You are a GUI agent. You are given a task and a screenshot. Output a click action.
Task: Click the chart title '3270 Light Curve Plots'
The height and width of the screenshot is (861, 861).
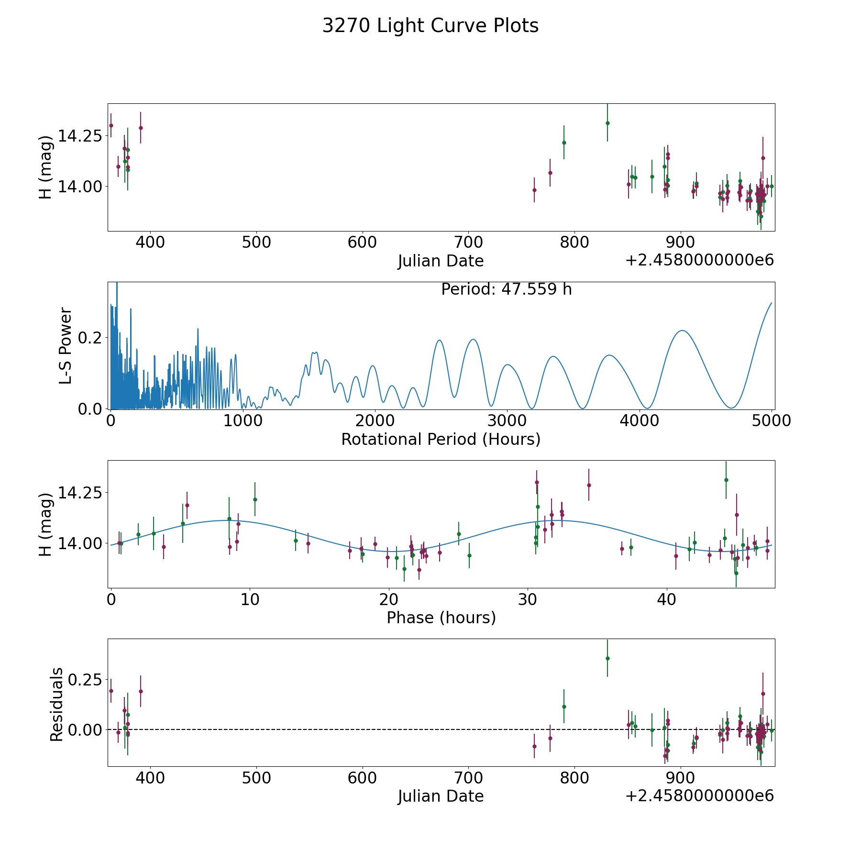pos(430,26)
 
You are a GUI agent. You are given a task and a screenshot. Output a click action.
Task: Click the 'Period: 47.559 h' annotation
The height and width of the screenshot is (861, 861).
pos(507,289)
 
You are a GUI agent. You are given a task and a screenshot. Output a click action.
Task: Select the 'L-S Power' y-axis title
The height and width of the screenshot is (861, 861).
pos(66,346)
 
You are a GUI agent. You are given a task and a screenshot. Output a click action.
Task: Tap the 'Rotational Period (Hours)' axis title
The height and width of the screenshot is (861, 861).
pos(441,439)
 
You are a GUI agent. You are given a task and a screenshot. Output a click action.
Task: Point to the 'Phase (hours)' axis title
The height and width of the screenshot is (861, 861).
pos(441,618)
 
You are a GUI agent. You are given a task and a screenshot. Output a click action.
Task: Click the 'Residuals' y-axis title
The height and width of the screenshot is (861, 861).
pos(56,704)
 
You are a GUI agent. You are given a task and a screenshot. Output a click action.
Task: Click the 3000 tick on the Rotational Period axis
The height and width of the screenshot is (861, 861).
pos(507,421)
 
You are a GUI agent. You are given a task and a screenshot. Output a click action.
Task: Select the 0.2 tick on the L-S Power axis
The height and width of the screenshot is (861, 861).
pos(90,338)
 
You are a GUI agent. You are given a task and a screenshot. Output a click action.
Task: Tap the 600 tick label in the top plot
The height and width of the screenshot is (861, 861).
pos(362,243)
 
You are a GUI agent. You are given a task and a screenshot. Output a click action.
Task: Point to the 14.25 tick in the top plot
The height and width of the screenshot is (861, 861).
pos(80,136)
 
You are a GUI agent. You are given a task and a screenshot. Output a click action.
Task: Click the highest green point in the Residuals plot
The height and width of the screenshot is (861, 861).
pos(607,658)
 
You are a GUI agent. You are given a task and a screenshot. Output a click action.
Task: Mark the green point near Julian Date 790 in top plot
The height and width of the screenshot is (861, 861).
pos(564,143)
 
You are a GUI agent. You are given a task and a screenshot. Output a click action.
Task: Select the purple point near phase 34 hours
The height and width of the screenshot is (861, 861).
pos(589,485)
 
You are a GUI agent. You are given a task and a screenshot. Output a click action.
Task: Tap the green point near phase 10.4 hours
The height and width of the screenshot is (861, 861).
pos(255,499)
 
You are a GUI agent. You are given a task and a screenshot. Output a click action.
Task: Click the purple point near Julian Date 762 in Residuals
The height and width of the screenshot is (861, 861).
pos(534,746)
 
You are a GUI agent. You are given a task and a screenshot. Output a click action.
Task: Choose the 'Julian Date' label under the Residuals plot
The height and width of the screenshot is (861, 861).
pos(441,796)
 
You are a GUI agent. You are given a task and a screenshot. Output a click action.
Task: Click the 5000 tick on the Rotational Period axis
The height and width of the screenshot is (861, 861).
pos(772,421)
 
